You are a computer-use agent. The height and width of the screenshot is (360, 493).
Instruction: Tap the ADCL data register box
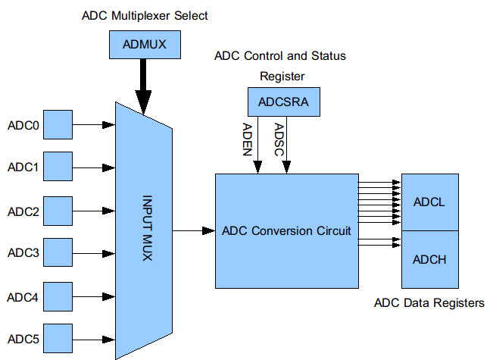429,202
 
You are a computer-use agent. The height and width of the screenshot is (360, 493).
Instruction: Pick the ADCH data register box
429,259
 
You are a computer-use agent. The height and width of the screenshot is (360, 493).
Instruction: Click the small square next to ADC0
58,125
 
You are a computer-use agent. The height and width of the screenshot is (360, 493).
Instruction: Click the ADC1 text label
23,167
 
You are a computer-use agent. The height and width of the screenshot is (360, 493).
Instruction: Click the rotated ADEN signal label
246,139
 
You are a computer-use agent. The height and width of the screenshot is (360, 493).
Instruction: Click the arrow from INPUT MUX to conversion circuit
194,230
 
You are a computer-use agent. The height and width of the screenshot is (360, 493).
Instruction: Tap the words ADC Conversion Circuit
286,230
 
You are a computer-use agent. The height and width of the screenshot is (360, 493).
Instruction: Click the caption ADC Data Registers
429,303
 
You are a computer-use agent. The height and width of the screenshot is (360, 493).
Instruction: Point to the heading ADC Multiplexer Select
145,15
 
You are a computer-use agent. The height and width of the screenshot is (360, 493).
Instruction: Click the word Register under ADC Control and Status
282,76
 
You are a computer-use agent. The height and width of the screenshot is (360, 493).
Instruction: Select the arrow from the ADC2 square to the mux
94,210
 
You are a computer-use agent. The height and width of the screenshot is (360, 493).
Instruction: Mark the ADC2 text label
23,211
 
